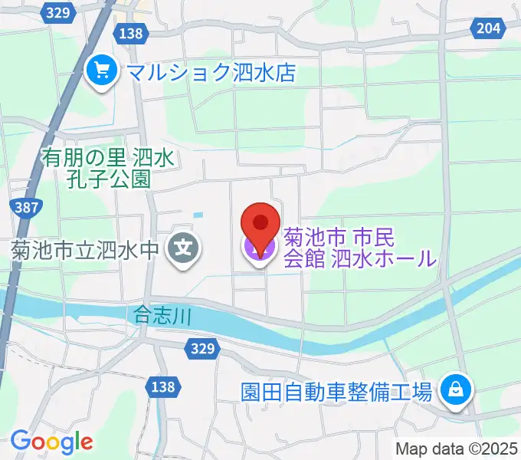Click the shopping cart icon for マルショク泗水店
100,73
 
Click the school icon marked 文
185,248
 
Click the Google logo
51,442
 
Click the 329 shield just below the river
202,348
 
